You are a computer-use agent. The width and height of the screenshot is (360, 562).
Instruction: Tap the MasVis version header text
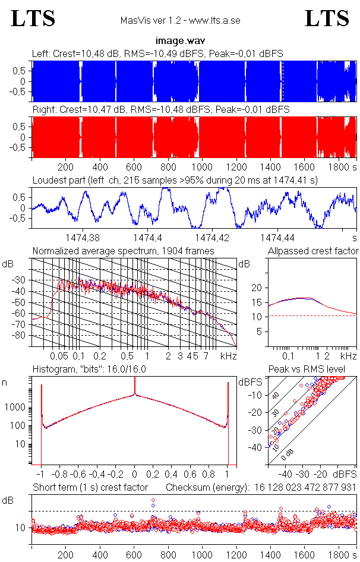(x=180, y=21)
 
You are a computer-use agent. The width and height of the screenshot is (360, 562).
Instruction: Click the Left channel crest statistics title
(x=157, y=53)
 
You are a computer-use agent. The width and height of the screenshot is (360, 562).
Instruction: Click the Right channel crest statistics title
(x=160, y=109)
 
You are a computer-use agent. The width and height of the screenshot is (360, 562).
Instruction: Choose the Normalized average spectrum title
(x=123, y=251)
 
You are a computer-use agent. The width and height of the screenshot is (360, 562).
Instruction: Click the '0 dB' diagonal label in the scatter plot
(x=288, y=453)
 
